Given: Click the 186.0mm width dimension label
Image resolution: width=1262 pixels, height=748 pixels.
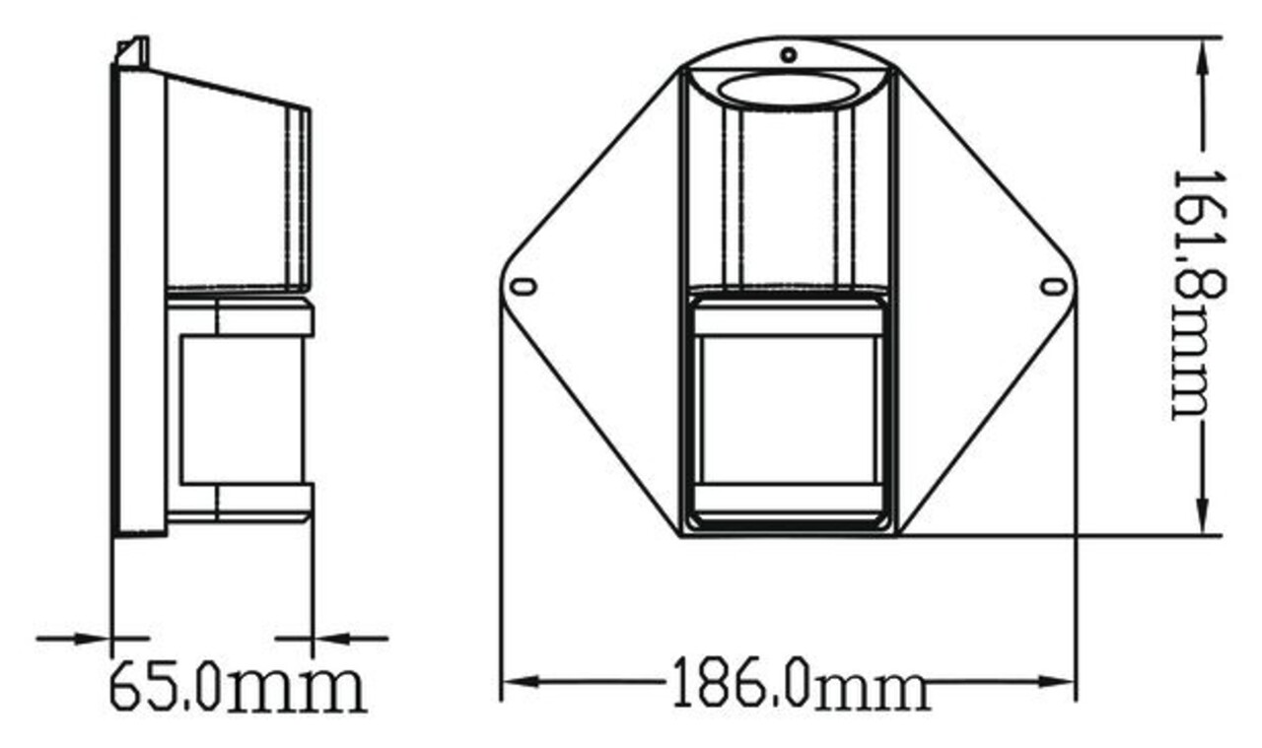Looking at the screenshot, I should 800,682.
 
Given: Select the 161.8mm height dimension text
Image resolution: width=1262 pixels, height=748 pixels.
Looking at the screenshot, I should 1196,294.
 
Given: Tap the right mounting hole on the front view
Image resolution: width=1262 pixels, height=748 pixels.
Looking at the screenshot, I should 1053,287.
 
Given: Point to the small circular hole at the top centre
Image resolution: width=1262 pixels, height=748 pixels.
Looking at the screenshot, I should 789,54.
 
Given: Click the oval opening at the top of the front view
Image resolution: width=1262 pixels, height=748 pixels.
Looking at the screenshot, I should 787,90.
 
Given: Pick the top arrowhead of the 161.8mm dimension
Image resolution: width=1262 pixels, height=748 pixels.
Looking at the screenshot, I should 1203,54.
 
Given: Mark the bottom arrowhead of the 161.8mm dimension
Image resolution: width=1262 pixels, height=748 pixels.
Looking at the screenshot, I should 1203,520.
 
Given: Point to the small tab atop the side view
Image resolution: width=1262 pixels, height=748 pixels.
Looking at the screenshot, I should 134,51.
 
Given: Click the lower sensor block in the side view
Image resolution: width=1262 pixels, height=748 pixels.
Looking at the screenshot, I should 242,409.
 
